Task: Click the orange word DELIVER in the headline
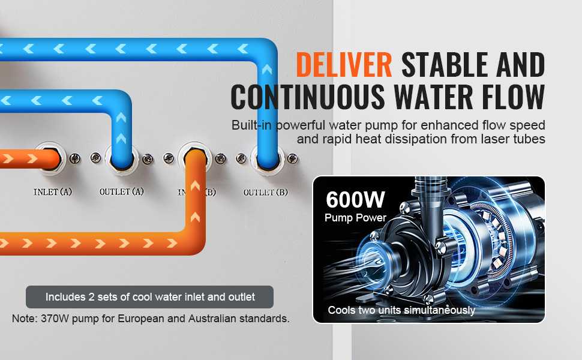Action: click(344, 65)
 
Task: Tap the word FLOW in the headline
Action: click(514, 97)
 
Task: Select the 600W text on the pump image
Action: click(355, 199)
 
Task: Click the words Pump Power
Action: click(355, 217)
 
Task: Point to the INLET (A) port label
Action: click(52, 192)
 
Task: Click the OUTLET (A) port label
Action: click(121, 191)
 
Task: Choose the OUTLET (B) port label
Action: click(265, 192)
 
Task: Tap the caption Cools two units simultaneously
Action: click(401, 310)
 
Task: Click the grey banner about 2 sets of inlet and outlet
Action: click(149, 297)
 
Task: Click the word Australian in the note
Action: click(212, 319)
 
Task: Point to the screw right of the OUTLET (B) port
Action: click(292, 159)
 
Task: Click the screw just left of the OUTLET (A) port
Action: click(95, 158)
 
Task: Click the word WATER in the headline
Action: click(436, 97)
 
